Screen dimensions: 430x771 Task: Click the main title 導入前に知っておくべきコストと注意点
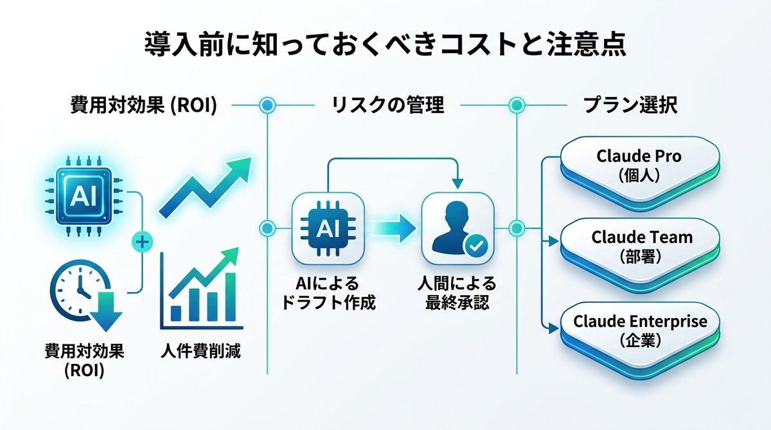pos(385,47)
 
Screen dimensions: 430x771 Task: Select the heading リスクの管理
pos(387,105)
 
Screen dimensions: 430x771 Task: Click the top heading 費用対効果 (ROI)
pos(143,105)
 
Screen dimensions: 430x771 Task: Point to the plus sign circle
pos(142,242)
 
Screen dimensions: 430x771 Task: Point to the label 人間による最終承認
pos(457,293)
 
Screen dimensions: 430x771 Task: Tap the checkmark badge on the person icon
pos(476,245)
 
